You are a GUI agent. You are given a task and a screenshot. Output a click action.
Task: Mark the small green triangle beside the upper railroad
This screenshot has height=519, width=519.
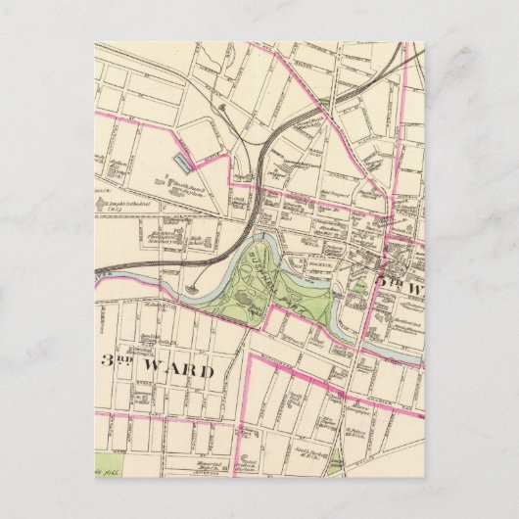point(324,103)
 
